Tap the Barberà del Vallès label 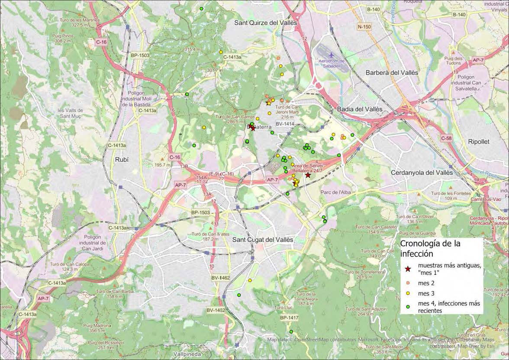pos(392,72)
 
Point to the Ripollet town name pos(484,141)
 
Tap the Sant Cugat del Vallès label pos(263,240)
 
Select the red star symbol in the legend pos(407,269)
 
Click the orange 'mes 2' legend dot pos(407,283)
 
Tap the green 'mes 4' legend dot pos(407,307)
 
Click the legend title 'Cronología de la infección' pos(430,248)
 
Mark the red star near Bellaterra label pos(252,128)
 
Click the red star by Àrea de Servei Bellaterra pos(308,175)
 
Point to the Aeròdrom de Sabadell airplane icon pos(332,55)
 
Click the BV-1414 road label pos(285,124)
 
